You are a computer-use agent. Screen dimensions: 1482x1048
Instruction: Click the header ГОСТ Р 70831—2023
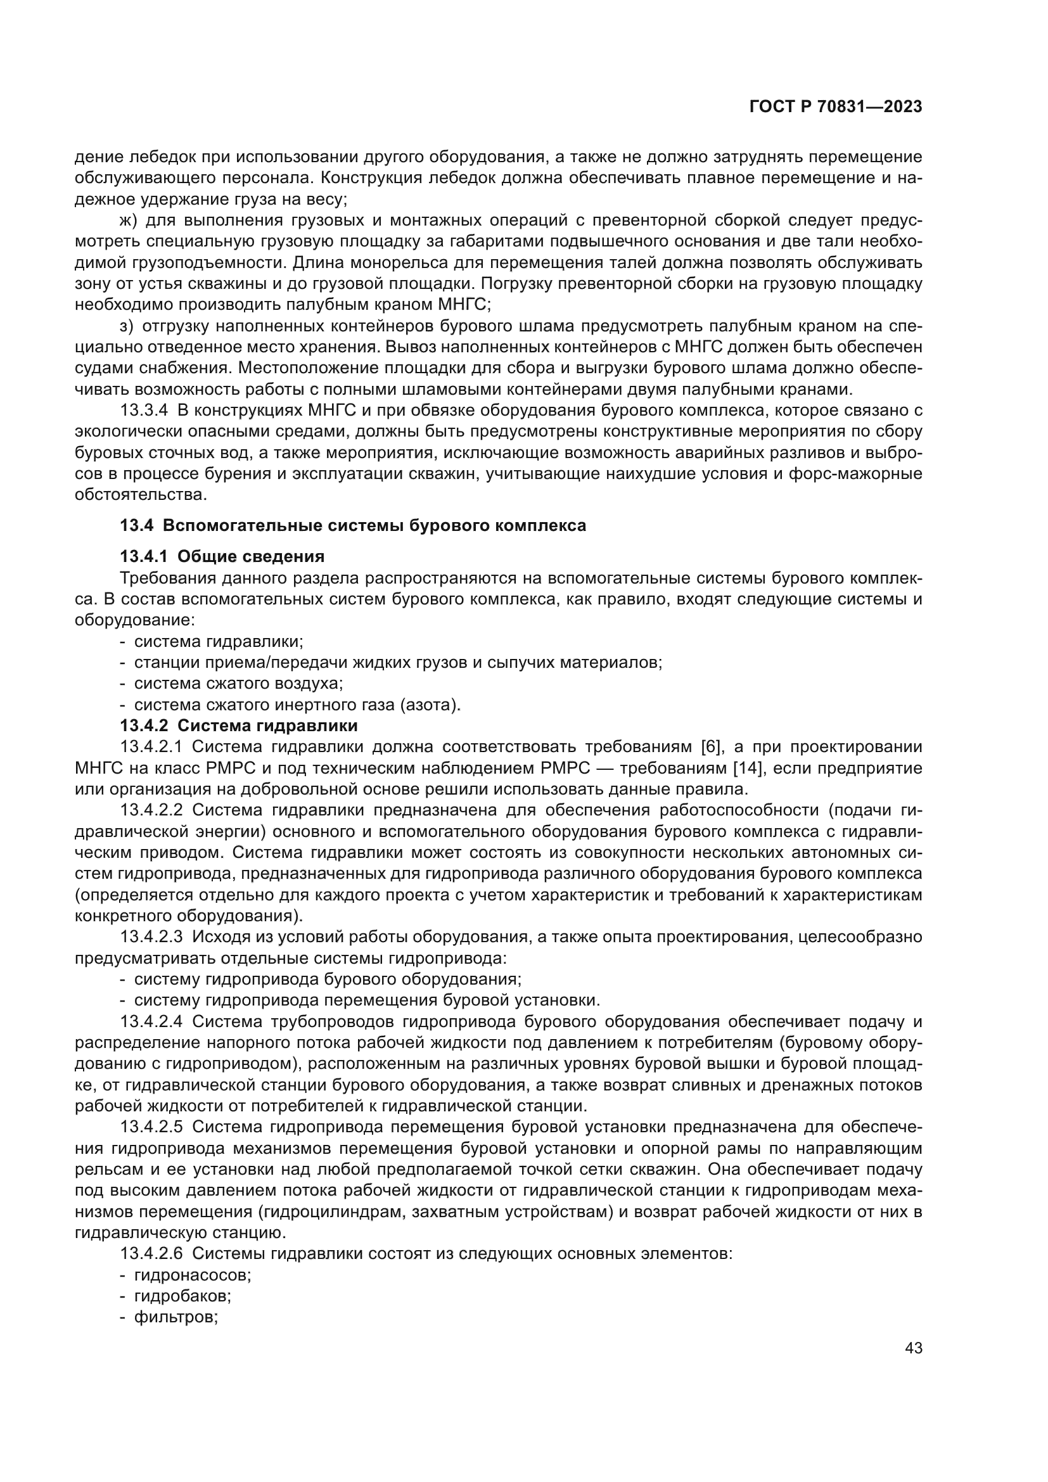click(x=835, y=107)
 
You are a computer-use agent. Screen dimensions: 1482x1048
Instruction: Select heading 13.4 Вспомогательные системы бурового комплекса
click(x=353, y=525)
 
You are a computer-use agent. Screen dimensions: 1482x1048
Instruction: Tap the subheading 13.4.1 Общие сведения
click(x=222, y=556)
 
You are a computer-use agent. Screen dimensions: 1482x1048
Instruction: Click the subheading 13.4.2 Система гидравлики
click(x=239, y=725)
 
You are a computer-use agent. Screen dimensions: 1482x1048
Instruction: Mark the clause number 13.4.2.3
click(x=151, y=936)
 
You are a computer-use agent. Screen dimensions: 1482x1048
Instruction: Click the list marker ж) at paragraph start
click(x=129, y=220)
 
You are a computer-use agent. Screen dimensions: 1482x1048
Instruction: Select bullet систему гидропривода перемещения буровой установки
click(x=366, y=1000)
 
